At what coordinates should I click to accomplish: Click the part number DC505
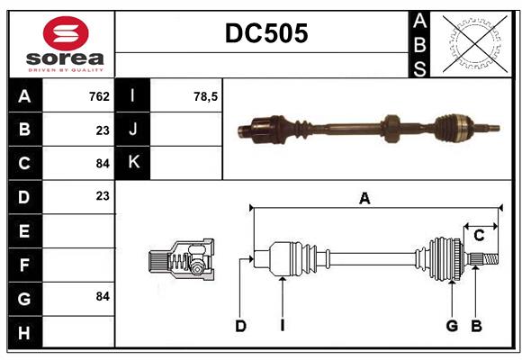tap(265, 33)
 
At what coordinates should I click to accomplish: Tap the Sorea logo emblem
tap(66, 34)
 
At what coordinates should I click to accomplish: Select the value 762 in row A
tap(99, 96)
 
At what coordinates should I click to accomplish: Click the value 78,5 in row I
tap(206, 96)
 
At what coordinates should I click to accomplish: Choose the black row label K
tap(134, 163)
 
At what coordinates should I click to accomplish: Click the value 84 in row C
tap(102, 163)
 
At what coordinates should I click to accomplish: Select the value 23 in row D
tap(102, 195)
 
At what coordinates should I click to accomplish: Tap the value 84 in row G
tap(102, 296)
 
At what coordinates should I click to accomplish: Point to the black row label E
tap(24, 231)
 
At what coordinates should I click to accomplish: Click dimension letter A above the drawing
tap(364, 199)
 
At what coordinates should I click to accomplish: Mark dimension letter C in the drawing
tap(479, 236)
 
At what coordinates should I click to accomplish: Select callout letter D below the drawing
tap(240, 326)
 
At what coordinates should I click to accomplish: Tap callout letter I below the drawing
tap(282, 326)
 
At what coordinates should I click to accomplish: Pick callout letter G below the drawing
tap(452, 326)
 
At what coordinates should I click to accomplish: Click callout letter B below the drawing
tap(476, 326)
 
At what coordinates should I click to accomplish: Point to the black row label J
tap(134, 130)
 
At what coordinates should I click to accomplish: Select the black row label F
tap(24, 265)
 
